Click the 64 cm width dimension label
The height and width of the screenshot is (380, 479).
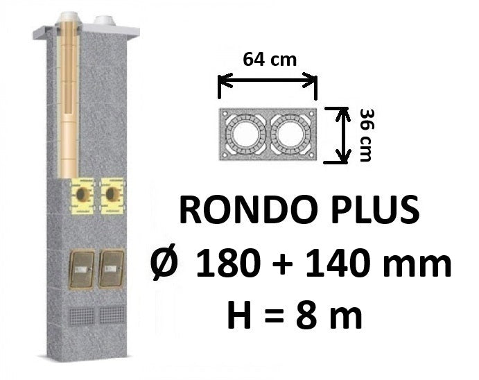click(x=270, y=60)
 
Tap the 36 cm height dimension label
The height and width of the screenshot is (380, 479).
click(x=366, y=135)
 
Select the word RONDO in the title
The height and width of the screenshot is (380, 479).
click(x=250, y=210)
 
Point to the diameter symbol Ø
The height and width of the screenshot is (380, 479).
click(x=164, y=263)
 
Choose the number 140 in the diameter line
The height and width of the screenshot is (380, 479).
click(x=338, y=264)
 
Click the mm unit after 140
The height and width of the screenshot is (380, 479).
click(x=417, y=267)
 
